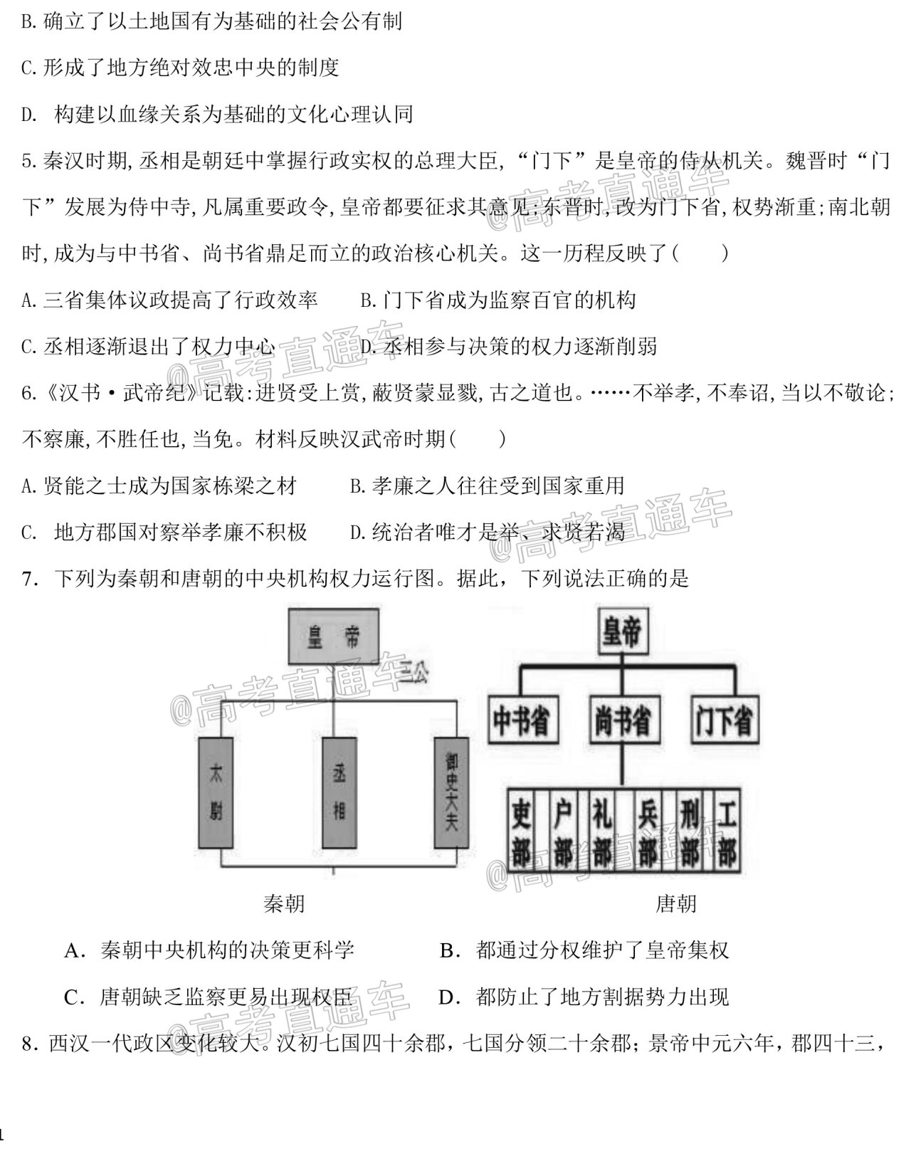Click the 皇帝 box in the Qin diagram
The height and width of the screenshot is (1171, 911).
(x=334, y=636)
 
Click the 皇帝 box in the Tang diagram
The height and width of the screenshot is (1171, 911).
(x=623, y=631)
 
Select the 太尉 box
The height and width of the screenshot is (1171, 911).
(x=216, y=793)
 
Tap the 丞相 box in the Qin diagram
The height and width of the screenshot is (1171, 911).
(x=339, y=793)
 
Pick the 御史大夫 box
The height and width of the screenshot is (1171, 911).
(x=451, y=793)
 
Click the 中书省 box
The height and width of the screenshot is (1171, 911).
(x=522, y=720)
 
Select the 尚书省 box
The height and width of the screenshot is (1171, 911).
(x=624, y=720)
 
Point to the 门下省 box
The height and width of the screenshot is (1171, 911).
(x=725, y=720)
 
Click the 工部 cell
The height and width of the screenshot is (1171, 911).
(x=727, y=831)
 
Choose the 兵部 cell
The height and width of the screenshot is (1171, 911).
(x=648, y=831)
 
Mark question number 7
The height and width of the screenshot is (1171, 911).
(x=30, y=579)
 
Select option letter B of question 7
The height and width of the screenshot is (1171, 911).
(x=449, y=950)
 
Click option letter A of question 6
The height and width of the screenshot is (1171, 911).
(x=28, y=487)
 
